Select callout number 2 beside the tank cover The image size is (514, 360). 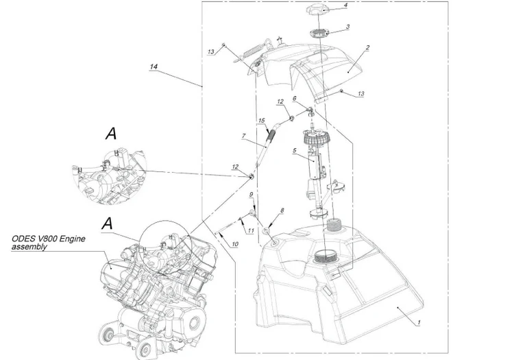(x=367, y=48)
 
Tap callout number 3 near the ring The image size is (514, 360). (x=347, y=27)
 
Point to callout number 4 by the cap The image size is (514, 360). (x=345, y=5)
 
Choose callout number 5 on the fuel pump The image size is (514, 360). (x=295, y=150)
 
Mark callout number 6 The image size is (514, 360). (x=295, y=98)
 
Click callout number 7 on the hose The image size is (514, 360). (x=243, y=136)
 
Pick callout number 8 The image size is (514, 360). (x=282, y=211)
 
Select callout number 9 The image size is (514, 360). (x=251, y=195)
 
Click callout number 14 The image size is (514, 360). (x=154, y=67)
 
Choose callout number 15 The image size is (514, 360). (x=261, y=121)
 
